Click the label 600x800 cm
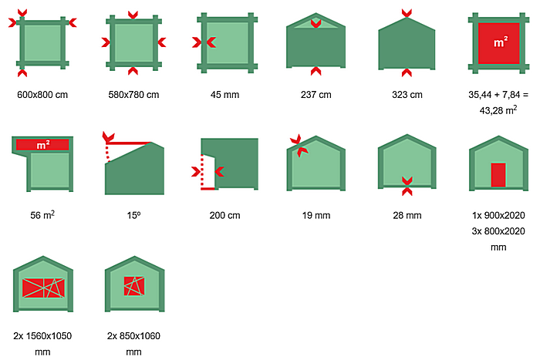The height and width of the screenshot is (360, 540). tap(42, 95)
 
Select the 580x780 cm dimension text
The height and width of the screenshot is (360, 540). tap(133, 95)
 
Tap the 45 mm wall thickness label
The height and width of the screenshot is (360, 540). tap(225, 95)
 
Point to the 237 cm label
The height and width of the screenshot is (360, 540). tap(316, 95)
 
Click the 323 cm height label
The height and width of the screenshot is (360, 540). tap(407, 95)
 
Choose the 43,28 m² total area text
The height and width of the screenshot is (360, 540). tap(498, 110)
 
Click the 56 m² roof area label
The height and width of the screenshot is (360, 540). tap(42, 215)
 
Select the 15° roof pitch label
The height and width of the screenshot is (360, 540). tap(133, 215)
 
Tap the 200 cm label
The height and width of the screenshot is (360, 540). tap(225, 215)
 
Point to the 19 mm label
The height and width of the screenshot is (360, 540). tap(316, 215)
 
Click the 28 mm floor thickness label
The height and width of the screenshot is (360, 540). tap(407, 215)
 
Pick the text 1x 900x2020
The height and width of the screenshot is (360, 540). tap(498, 215)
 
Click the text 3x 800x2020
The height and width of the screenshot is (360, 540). tap(498, 231)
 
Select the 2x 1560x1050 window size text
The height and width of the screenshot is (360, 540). tap(42, 336)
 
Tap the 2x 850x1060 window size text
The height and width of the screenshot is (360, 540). tap(133, 336)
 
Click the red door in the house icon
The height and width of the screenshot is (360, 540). tap(498, 175)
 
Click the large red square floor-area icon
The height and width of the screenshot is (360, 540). tap(498, 43)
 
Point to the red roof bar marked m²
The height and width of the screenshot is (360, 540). tap(42, 145)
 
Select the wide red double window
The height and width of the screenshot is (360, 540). tap(43, 288)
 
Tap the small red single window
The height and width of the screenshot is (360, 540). tap(134, 286)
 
